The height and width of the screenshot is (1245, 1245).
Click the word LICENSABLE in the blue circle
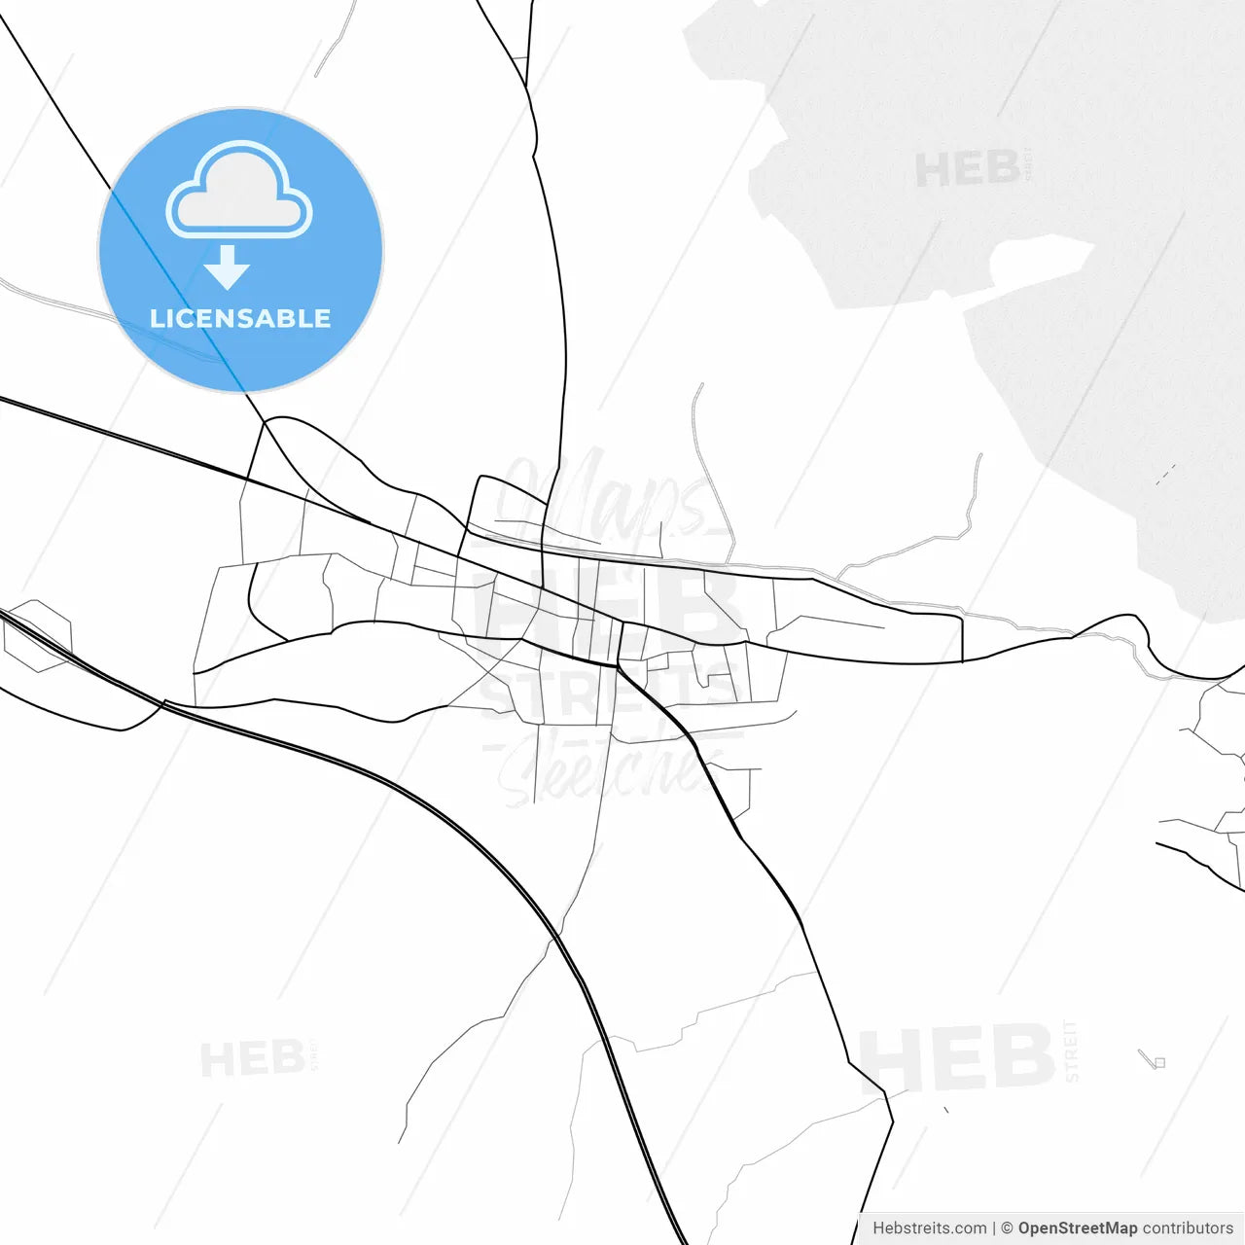click(x=240, y=318)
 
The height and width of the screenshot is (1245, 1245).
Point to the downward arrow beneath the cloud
click(x=228, y=267)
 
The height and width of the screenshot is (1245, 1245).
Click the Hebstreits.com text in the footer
click(x=929, y=1228)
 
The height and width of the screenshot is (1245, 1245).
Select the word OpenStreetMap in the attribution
click(x=1077, y=1228)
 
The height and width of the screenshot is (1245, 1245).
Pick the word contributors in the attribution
click(x=1188, y=1228)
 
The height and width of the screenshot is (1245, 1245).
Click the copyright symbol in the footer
click(x=1007, y=1228)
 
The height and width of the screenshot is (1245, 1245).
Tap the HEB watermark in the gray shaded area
click(x=967, y=169)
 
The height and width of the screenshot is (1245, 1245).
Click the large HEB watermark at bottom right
click(x=957, y=1058)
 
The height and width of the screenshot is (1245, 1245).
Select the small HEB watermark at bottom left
click(x=253, y=1058)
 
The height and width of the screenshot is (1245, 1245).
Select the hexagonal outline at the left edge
click(x=37, y=636)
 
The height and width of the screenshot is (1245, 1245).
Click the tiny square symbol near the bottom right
click(x=1159, y=1062)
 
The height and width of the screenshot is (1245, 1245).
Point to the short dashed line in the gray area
click(x=1165, y=475)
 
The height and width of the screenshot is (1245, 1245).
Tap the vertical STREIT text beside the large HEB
click(x=1072, y=1050)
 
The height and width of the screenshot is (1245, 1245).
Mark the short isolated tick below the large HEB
click(x=945, y=1109)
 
